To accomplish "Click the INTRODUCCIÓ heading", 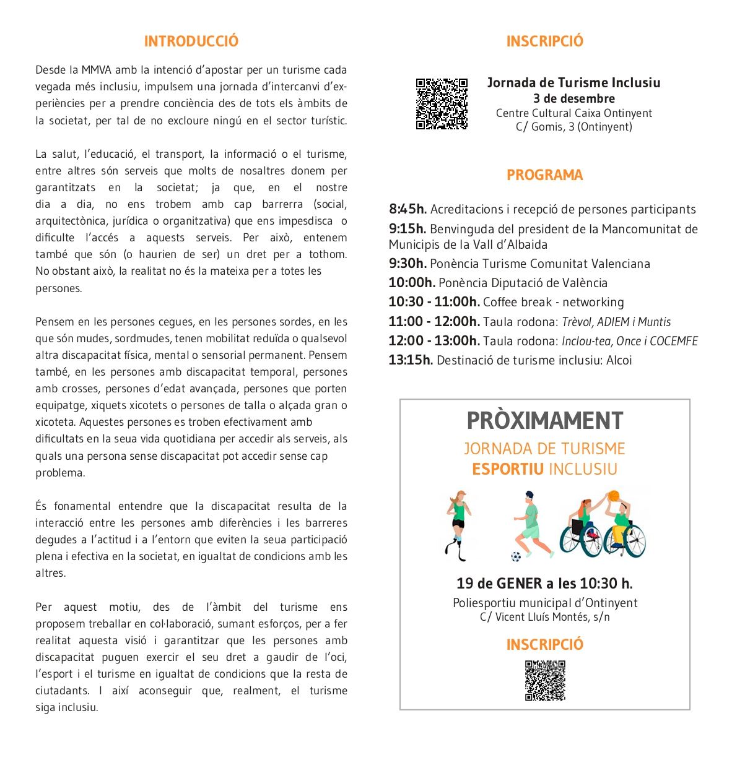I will point(191,41).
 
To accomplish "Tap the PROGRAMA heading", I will point(544,175).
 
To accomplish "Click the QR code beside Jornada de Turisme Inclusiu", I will point(442,103).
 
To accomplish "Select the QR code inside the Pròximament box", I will point(545,680).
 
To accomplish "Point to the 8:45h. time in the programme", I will point(407,210).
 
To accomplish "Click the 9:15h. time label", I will point(407,229).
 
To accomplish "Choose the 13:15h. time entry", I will point(411,360).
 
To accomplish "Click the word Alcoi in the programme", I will point(619,360).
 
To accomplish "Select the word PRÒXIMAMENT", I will point(544,421).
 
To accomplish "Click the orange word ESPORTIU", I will point(508,469).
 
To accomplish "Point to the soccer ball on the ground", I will point(516,556).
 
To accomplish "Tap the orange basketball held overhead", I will point(613,496).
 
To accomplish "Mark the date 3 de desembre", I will point(574,98).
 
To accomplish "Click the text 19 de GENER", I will point(499,584).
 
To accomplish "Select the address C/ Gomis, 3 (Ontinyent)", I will point(574,127).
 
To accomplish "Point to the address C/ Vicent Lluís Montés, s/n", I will point(544,617).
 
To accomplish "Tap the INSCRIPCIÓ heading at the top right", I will point(544,41).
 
